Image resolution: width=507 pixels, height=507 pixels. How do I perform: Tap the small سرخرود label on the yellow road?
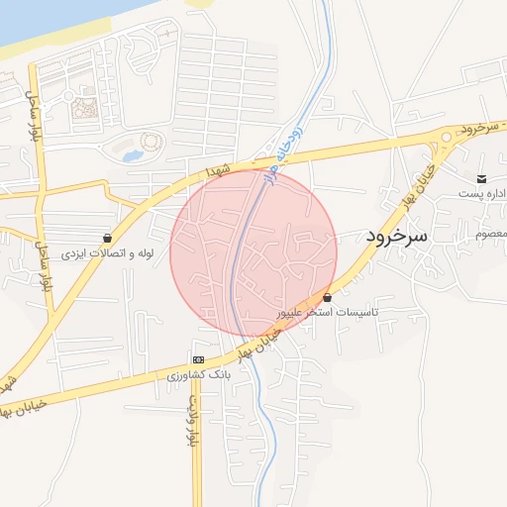(x=478, y=130)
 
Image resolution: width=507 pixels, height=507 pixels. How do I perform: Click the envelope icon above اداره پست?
(x=481, y=178)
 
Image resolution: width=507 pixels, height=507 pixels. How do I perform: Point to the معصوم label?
(x=492, y=234)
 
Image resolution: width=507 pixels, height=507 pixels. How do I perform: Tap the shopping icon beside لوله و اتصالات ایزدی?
(x=108, y=239)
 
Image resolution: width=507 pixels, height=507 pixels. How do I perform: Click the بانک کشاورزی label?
(x=198, y=375)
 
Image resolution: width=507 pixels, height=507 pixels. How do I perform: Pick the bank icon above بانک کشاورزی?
(x=198, y=359)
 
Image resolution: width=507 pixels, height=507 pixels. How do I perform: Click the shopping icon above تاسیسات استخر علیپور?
(x=327, y=297)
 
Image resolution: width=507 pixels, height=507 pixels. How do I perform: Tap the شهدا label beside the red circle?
(x=218, y=171)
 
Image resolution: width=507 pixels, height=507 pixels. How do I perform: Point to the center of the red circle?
(x=253, y=253)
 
